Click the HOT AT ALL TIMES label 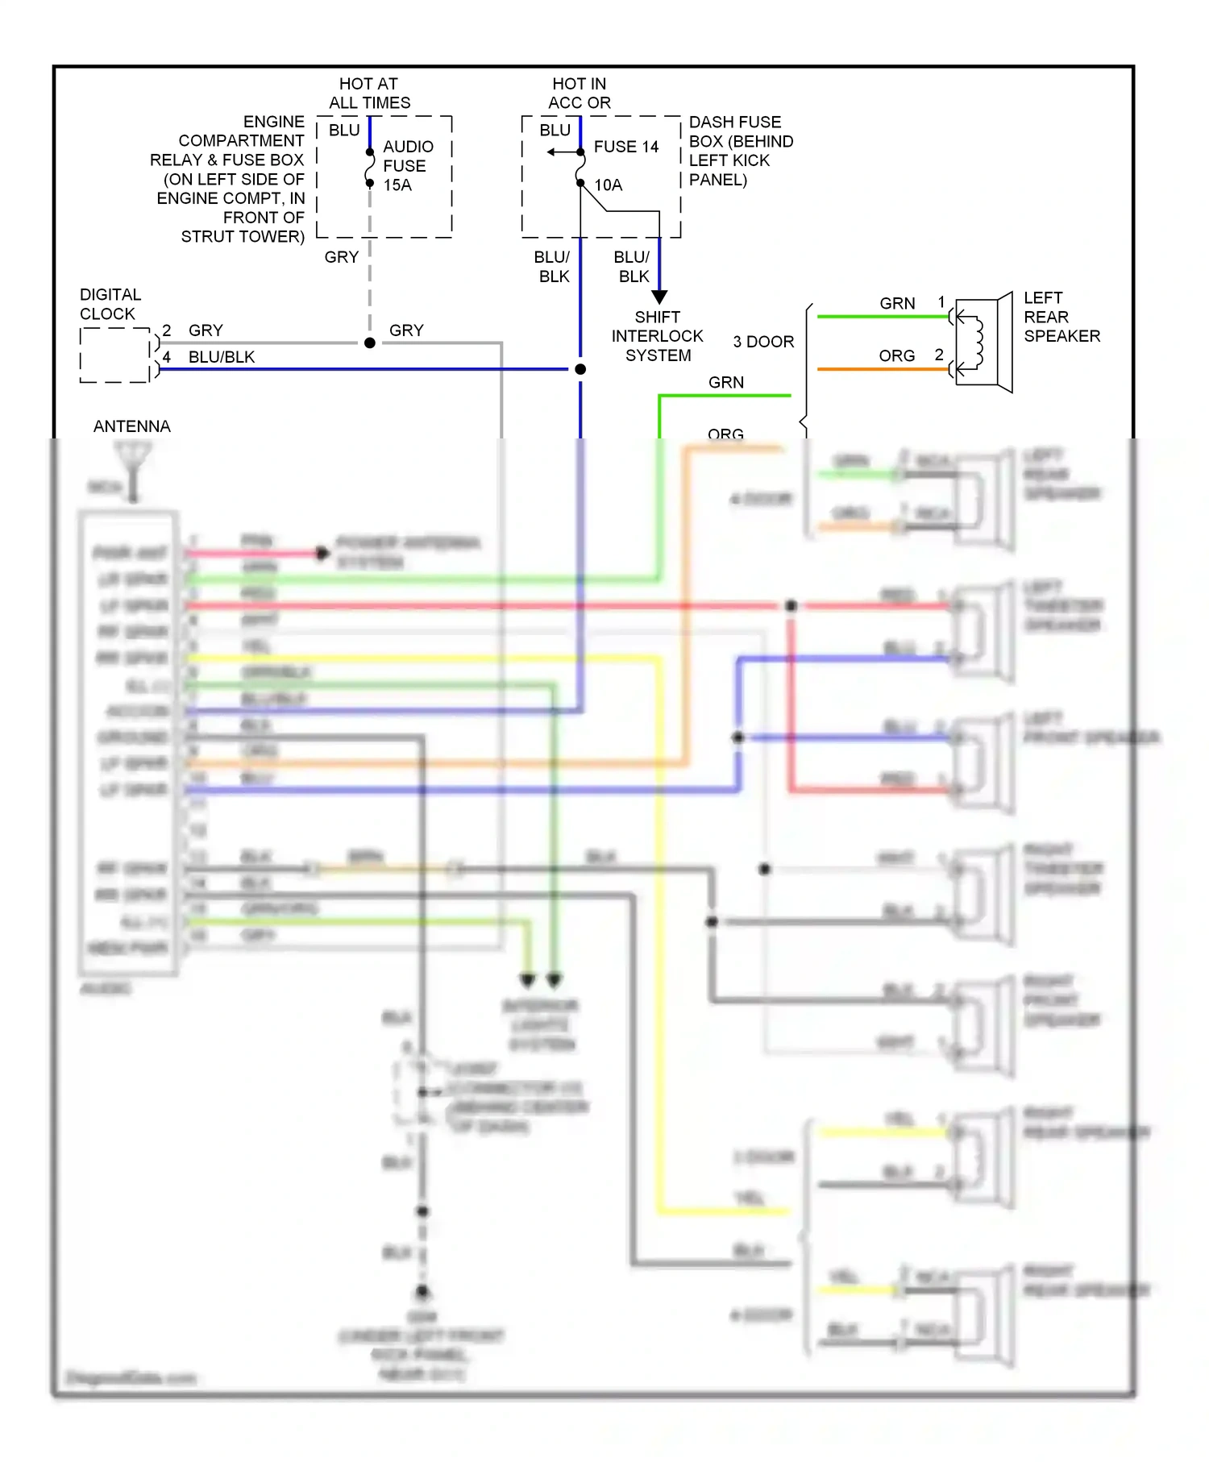point(369,93)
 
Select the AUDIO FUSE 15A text point(407,166)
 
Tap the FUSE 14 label point(625,147)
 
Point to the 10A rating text point(609,185)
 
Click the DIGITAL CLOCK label point(110,305)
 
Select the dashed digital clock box point(114,355)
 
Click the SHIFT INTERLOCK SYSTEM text point(657,336)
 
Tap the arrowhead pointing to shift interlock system point(659,297)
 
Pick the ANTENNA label point(132,426)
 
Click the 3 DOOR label point(763,342)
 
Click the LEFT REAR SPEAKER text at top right point(1061,317)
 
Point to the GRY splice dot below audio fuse point(370,343)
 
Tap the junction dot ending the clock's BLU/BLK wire point(580,369)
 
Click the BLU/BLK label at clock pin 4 point(222,357)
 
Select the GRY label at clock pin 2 point(206,330)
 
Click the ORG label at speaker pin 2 point(896,355)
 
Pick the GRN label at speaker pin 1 point(897,304)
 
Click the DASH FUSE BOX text point(740,151)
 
